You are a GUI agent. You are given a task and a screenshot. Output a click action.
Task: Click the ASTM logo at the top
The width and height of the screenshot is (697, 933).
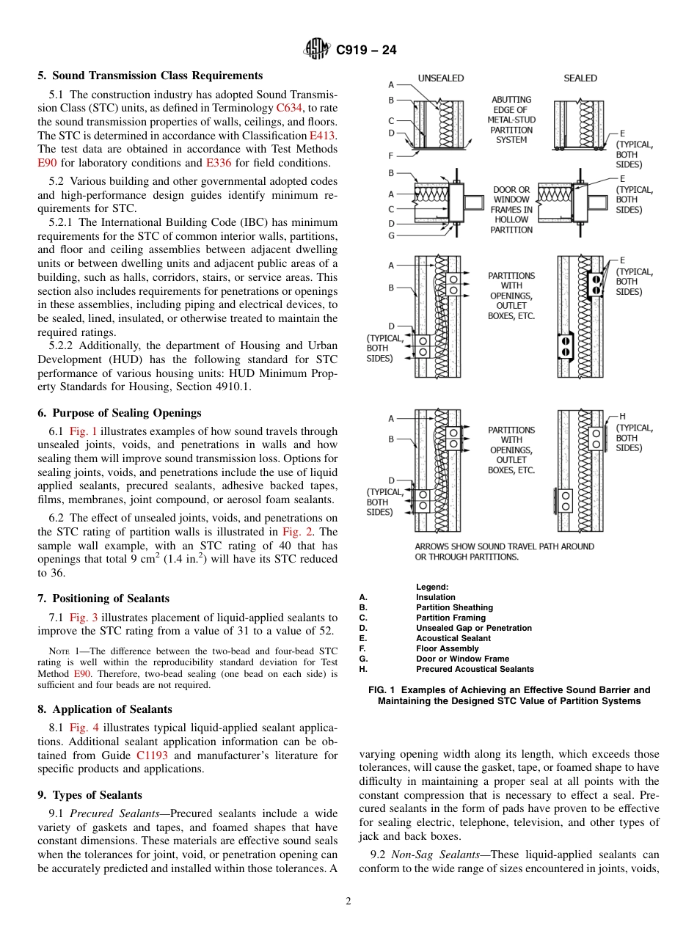point(318,49)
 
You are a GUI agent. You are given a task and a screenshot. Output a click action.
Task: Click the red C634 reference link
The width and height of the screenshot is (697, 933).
point(288,108)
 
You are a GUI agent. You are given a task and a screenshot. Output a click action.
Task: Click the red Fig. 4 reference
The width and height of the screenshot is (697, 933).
point(82,728)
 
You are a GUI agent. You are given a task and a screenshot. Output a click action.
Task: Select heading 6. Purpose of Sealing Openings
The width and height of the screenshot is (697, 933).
point(126,413)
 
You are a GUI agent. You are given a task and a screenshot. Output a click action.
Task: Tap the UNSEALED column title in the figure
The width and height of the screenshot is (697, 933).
point(441,78)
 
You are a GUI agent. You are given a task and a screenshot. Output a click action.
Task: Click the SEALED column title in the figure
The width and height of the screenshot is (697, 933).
point(580,78)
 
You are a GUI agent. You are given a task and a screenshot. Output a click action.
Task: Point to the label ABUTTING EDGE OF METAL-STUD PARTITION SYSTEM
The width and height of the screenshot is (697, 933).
point(511,120)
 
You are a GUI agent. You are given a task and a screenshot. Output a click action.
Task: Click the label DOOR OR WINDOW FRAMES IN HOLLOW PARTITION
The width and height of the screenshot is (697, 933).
point(511,210)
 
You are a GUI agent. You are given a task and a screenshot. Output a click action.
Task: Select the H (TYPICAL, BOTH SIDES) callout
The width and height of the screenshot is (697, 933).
point(635,432)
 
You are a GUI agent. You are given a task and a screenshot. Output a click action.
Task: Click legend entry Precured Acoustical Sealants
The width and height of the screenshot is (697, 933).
point(475,669)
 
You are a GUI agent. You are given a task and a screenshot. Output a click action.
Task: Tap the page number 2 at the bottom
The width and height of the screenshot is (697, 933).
point(348,901)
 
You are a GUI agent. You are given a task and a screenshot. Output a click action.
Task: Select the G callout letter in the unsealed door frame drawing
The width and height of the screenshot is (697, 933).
point(391,235)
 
